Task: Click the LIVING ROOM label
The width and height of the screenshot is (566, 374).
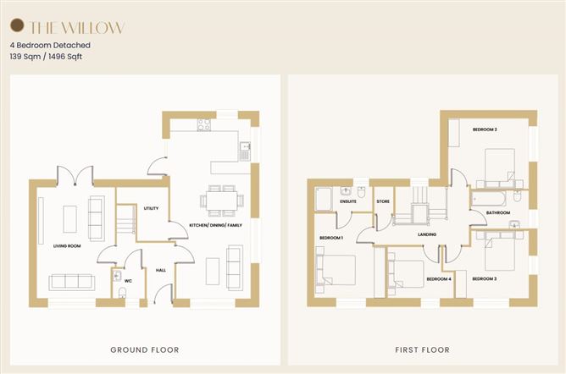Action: coord(67,245)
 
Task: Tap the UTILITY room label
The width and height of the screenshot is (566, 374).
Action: coord(151,208)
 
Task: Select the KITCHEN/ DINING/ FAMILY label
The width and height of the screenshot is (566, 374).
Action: coord(215,225)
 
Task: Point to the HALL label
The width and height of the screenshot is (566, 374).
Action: coord(161,270)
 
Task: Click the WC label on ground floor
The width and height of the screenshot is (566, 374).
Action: coord(128,281)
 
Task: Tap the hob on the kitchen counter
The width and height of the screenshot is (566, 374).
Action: coord(204,124)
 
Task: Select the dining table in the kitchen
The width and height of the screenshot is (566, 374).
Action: coord(222,201)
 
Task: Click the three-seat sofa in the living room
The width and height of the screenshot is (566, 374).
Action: coord(72,282)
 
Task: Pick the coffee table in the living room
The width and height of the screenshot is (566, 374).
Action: coord(70,219)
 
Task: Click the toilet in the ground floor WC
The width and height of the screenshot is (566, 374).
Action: coord(122,293)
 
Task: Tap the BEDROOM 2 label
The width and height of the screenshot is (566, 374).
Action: coord(485,129)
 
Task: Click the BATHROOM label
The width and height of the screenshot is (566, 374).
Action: coord(498,212)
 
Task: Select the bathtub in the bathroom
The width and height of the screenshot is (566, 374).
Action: coord(488,199)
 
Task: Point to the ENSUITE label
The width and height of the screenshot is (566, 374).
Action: coord(348,201)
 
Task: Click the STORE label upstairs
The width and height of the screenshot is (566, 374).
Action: coord(383,201)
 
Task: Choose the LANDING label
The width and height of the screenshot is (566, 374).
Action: coord(427,234)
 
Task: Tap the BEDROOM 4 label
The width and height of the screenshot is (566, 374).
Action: coord(439,279)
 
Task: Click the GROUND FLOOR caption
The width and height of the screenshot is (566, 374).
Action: coord(145,349)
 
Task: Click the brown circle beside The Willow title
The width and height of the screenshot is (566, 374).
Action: coord(17,25)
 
